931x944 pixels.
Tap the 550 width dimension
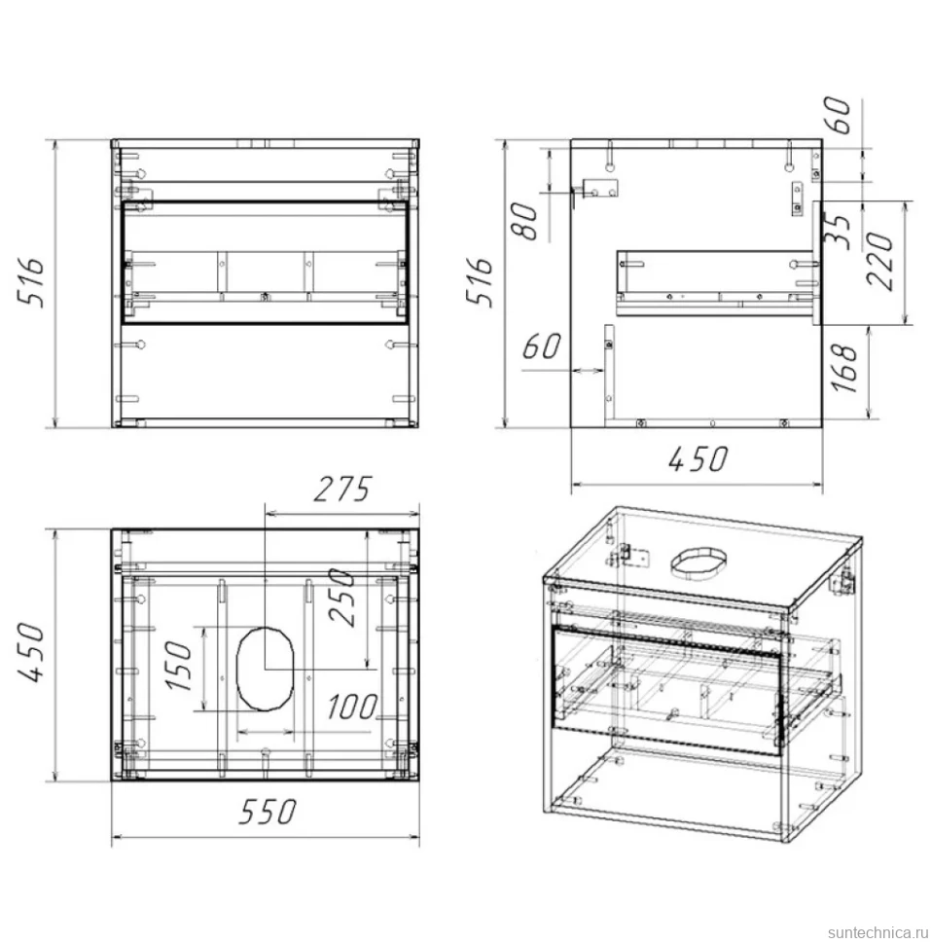268,812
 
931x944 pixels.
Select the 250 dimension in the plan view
341,598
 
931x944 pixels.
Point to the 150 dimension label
179,666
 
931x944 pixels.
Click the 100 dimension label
353,707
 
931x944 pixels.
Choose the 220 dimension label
879,261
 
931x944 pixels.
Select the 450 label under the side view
698,459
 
